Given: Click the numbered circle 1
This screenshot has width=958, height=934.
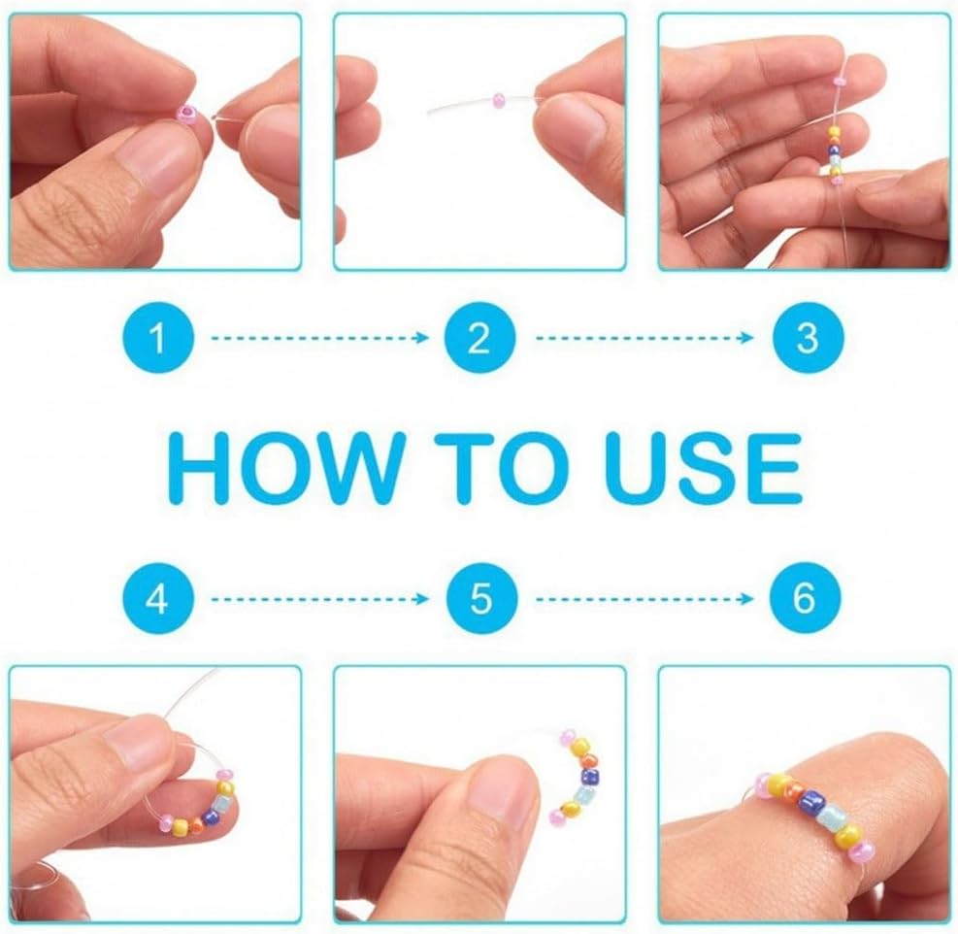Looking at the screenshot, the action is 157,338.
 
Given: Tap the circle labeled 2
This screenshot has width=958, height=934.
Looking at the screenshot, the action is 479,338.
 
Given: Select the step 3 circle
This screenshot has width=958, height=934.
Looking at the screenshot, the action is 808,338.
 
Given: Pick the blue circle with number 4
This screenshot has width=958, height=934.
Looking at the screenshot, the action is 157,598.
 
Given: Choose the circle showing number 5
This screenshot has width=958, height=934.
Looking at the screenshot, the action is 481,598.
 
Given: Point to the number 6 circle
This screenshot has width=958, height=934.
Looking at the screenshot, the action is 805,598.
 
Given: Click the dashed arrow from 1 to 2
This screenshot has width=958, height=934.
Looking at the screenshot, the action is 320,338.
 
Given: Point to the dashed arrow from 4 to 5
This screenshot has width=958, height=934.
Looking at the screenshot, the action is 320,598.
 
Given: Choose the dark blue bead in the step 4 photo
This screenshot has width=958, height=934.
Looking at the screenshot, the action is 213,817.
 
